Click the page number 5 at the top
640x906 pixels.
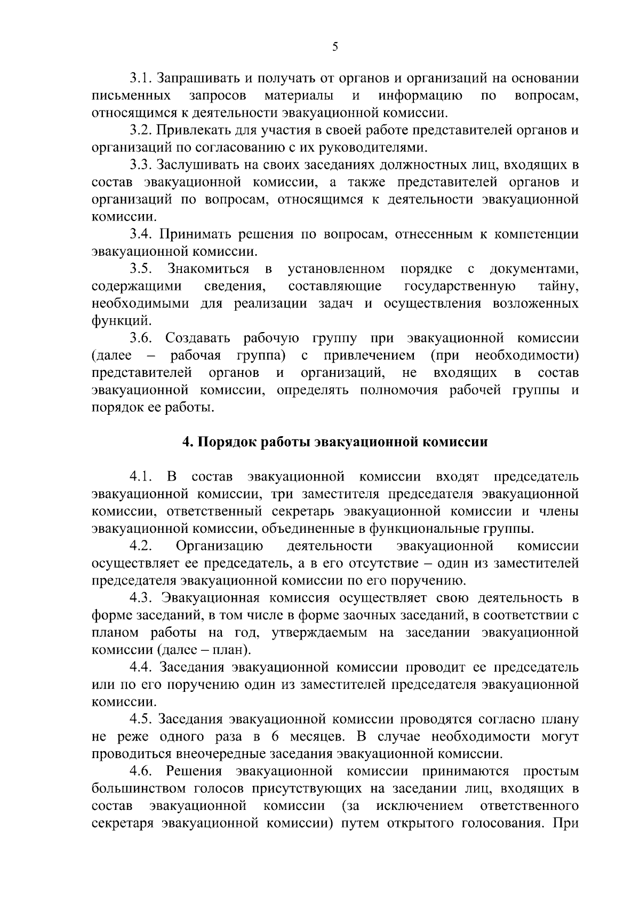click(335, 47)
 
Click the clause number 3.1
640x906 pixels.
click(141, 78)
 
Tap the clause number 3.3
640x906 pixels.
click(141, 164)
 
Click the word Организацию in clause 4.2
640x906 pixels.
click(219, 546)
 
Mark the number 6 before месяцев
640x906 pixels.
click(275, 737)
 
